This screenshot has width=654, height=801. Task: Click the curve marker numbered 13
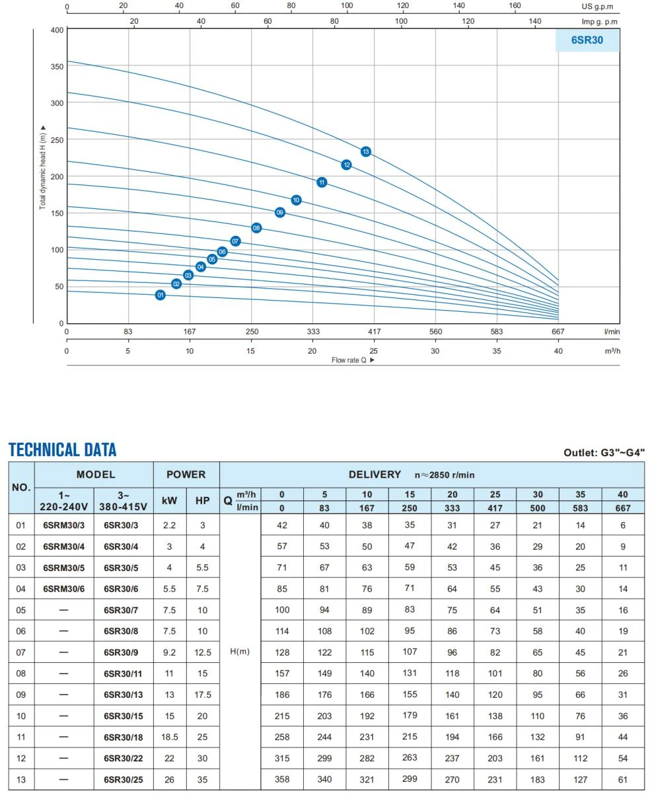tap(365, 151)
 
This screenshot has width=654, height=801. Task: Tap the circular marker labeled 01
tap(160, 295)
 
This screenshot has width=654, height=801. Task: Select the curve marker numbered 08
tap(256, 228)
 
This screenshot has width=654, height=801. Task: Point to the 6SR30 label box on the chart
tap(587, 40)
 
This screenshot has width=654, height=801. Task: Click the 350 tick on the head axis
tap(57, 67)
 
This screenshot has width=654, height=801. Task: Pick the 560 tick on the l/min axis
tap(435, 332)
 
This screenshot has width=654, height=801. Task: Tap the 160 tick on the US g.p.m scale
tap(515, 5)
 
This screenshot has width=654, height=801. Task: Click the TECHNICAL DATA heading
tap(62, 449)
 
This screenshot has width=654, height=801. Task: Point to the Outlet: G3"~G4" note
tap(604, 452)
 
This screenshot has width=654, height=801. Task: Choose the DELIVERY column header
tap(375, 475)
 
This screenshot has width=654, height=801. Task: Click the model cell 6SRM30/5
tap(64, 568)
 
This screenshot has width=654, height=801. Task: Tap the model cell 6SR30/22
tap(124, 759)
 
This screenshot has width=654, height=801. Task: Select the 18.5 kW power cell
tap(169, 737)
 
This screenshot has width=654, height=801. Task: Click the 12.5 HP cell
tap(203, 652)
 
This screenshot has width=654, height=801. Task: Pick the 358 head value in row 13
tap(282, 779)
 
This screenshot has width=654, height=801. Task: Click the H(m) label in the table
tap(240, 652)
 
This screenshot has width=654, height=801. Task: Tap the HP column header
tap(203, 500)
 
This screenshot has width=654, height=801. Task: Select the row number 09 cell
tap(21, 695)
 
